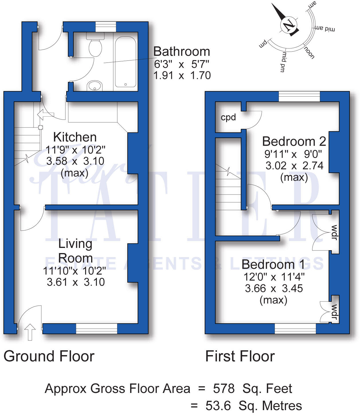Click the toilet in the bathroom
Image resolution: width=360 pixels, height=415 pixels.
tap(95, 47)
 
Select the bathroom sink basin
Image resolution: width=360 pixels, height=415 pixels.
tap(95, 85)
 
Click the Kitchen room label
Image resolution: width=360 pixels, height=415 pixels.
tap(75, 137)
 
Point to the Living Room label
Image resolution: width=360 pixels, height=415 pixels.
tap(75, 251)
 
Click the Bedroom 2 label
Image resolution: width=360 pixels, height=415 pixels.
tap(294, 142)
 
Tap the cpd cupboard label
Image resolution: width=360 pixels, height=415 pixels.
tap(228, 117)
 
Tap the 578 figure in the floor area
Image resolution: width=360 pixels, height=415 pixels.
tap(224, 389)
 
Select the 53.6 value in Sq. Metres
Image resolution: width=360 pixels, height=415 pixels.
tap(218, 406)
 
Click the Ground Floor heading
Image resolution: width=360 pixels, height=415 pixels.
tap(49, 356)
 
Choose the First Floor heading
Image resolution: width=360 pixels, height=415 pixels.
tap(240, 356)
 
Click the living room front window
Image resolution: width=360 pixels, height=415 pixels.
tap(97, 328)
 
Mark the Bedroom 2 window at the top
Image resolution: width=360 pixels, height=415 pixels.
tap(299, 96)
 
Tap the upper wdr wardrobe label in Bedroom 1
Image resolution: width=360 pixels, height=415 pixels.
tap(334, 232)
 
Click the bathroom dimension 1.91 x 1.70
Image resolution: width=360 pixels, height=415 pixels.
tap(182, 76)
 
